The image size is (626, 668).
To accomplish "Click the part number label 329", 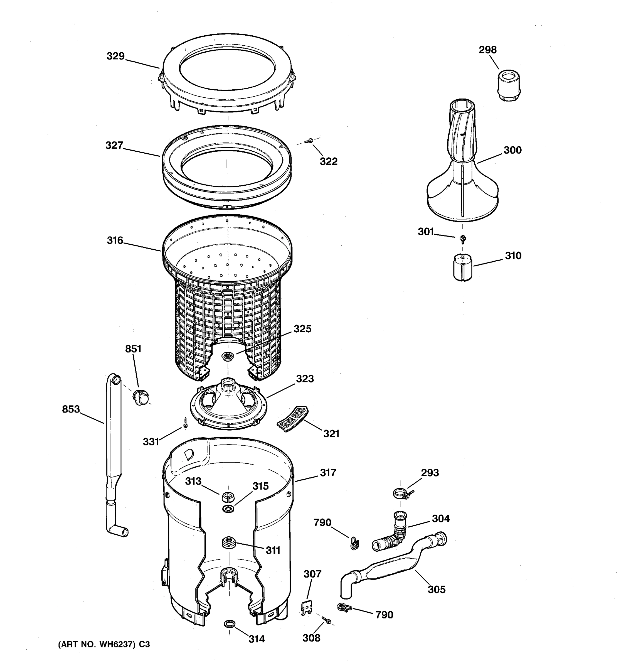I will (115, 56).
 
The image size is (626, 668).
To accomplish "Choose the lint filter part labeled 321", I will (292, 418).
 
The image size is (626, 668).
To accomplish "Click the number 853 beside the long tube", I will (71, 409).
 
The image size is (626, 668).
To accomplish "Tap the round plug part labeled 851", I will (141, 397).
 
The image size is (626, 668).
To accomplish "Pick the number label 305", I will (436, 590).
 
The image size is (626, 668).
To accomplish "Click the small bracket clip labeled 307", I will (305, 608).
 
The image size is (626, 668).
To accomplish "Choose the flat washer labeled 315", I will (228, 509).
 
